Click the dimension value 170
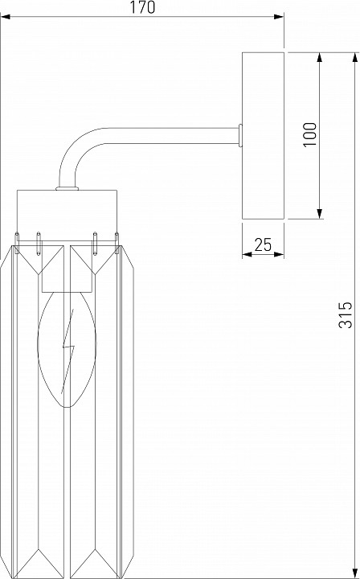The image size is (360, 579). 142,7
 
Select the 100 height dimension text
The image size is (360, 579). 310,133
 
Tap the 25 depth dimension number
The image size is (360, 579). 263,244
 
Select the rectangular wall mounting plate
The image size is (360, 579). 264,135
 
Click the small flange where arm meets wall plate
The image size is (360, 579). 240,135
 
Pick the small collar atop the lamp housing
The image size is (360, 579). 67,190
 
